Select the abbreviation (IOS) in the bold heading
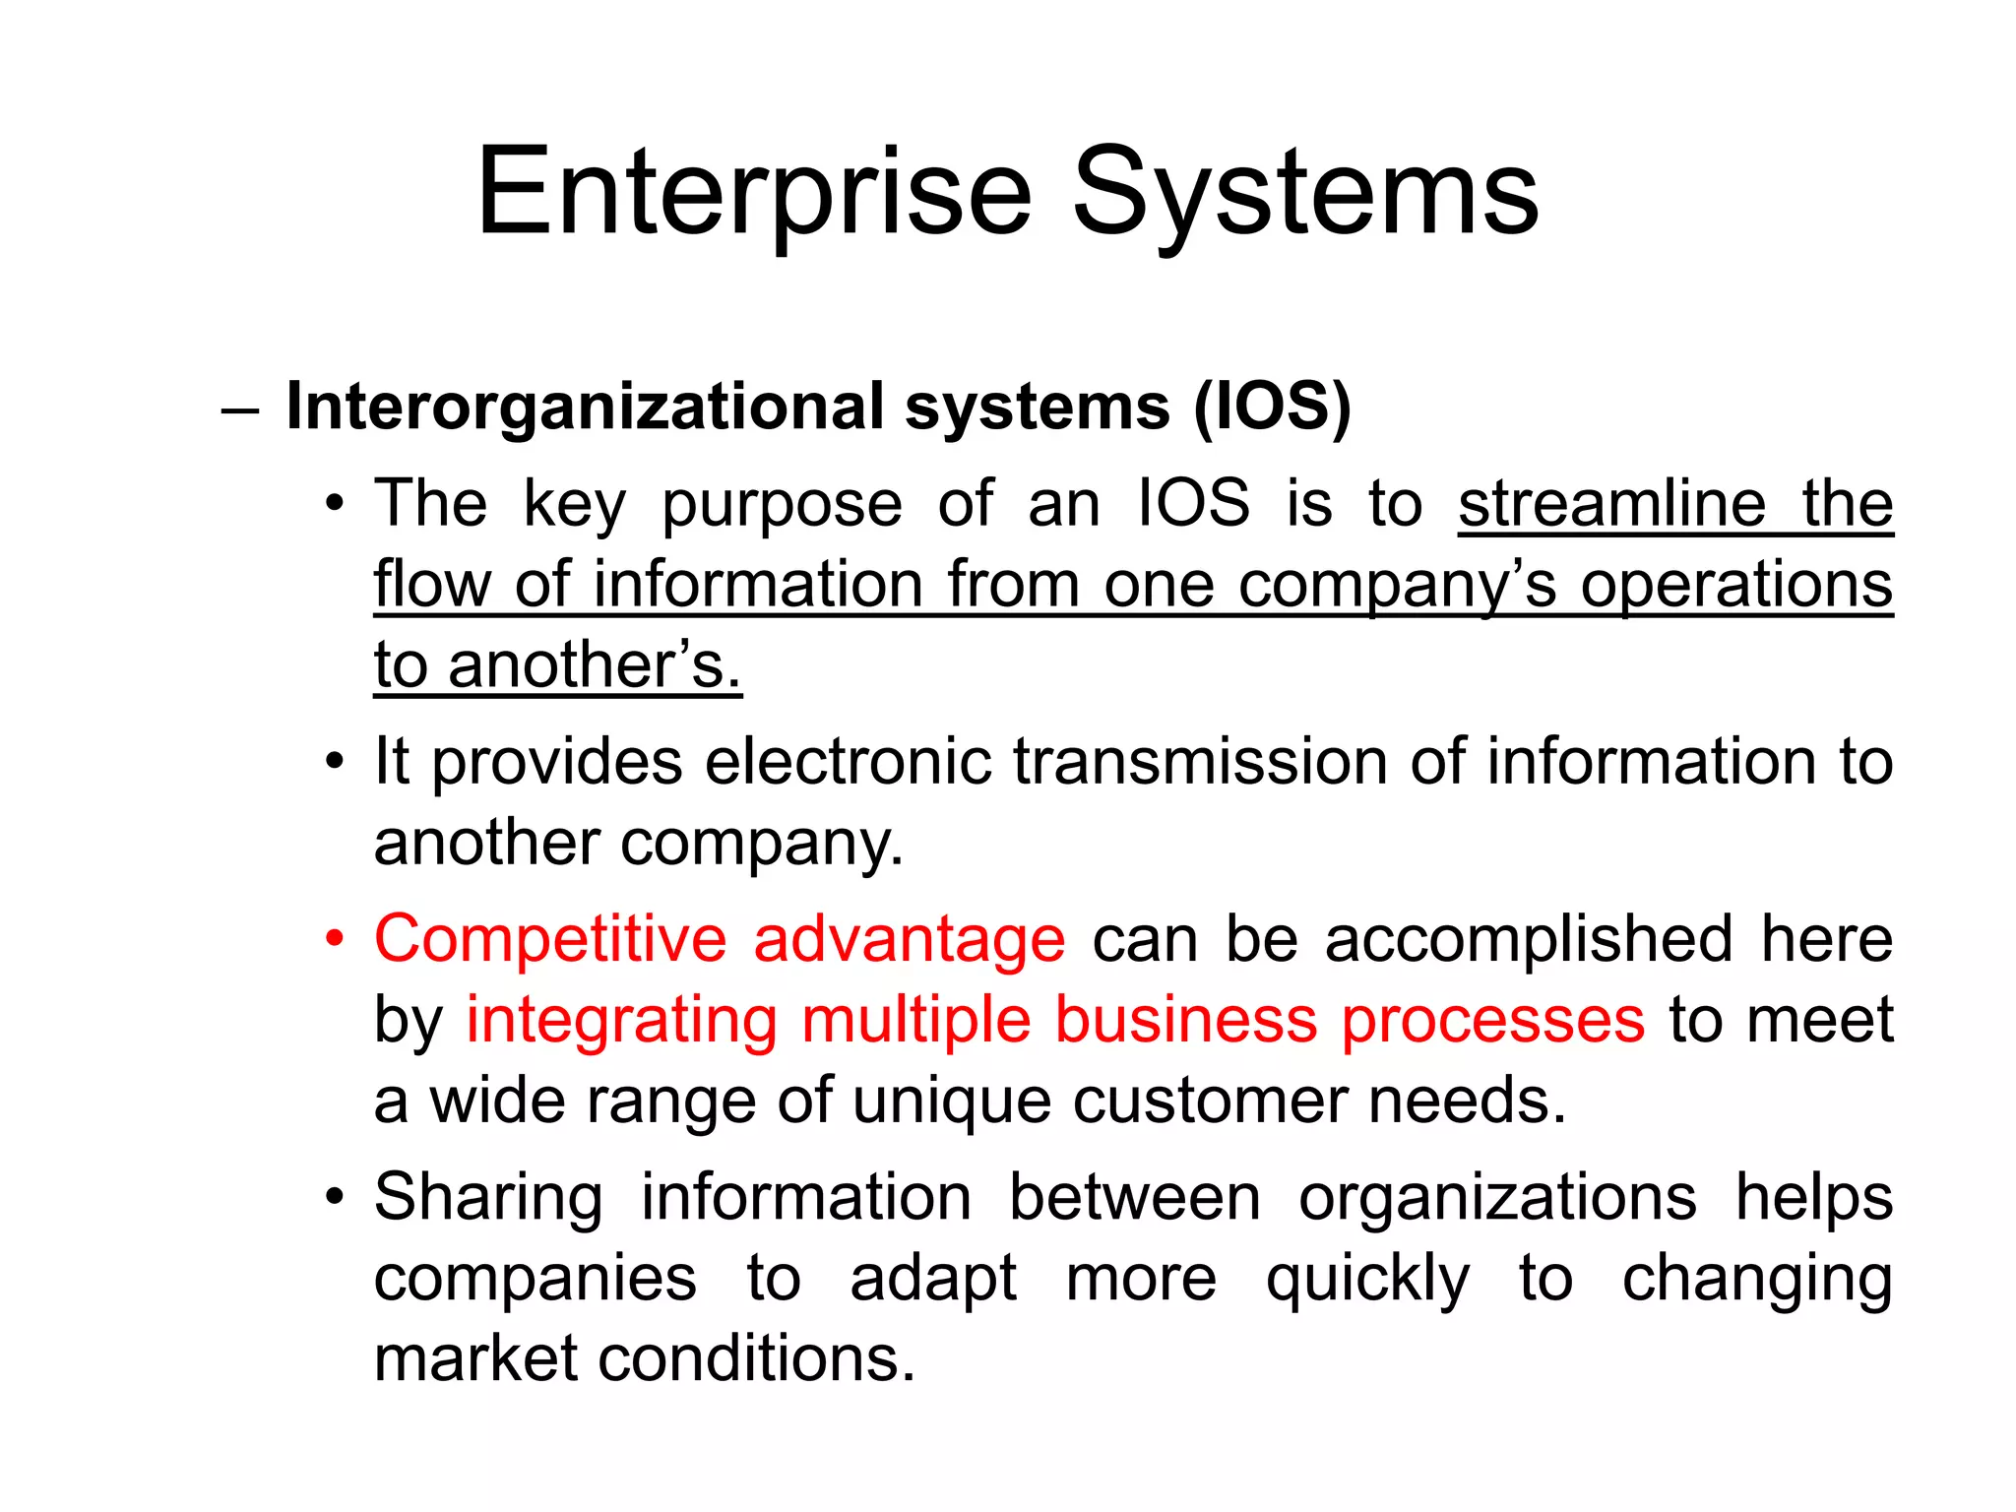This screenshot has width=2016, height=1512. (x=1272, y=407)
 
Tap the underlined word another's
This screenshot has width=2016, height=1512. (x=594, y=665)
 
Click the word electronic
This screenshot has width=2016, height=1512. (x=848, y=762)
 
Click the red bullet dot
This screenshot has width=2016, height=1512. (x=336, y=939)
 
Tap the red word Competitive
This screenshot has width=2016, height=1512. (x=550, y=939)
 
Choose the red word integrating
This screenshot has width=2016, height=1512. (x=621, y=1020)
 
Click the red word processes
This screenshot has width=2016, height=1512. (x=1492, y=1020)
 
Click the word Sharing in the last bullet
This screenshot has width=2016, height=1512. (x=488, y=1198)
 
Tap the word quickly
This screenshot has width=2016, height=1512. (x=1367, y=1280)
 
